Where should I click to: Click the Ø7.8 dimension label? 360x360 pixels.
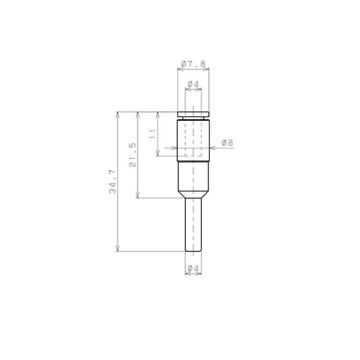(x=193, y=64)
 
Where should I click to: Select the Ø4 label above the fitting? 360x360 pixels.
(x=193, y=84)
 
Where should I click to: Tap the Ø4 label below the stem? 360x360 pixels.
(x=193, y=268)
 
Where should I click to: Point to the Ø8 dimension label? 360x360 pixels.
(x=227, y=143)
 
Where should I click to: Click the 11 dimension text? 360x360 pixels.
(x=152, y=134)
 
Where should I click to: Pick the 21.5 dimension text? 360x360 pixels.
(x=133, y=155)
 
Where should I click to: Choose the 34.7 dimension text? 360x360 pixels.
(x=112, y=181)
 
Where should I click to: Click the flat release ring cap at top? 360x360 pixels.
(x=193, y=114)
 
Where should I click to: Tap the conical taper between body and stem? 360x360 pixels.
(x=193, y=195)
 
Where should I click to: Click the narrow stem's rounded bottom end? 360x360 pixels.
(x=193, y=250)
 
